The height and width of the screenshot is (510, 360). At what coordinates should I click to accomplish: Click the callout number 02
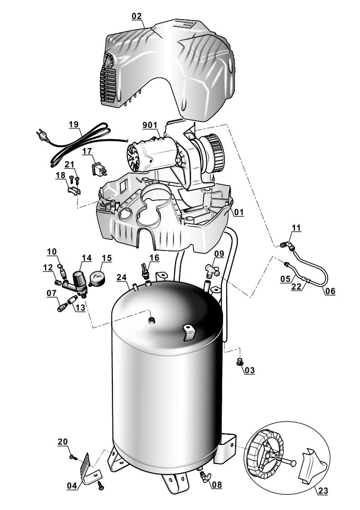point(137,16)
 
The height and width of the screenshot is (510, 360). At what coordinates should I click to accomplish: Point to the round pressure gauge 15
point(97,279)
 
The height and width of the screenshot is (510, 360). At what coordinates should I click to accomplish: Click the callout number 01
point(239,212)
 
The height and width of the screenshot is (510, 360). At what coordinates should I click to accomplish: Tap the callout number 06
point(330,291)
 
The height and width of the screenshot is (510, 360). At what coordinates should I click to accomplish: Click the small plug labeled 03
point(238,362)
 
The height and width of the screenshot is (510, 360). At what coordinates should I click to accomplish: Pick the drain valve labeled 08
point(206,478)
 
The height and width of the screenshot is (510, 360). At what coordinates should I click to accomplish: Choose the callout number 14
point(86,258)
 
